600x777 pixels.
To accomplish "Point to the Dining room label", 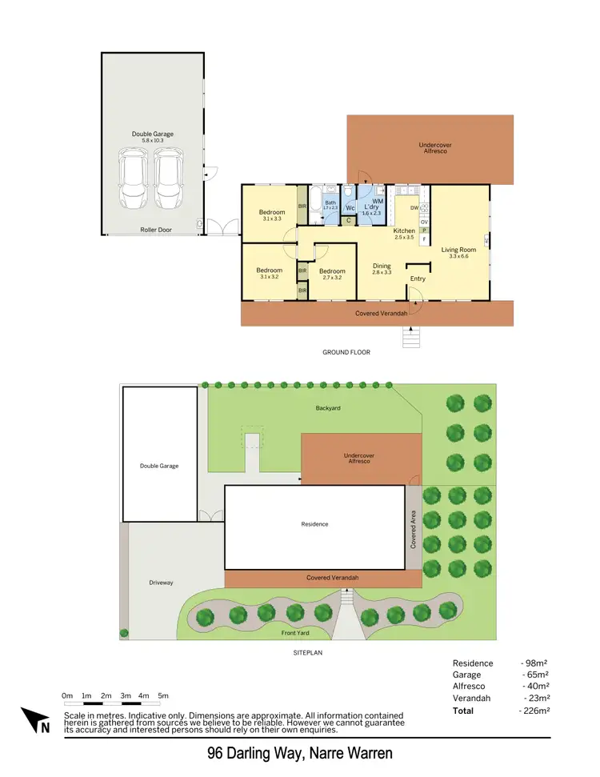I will pos(382,267).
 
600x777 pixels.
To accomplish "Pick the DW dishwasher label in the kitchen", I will pos(414,208).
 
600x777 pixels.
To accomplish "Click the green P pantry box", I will pos(425,230).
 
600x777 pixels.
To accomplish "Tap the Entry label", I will pos(418,278).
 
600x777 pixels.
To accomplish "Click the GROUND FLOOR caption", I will pos(346,352).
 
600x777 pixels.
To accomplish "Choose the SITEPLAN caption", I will pos(308,653).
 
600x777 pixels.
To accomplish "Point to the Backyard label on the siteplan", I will pos(327,408).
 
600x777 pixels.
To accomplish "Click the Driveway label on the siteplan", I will pos(161,583).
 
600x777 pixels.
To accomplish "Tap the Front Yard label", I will pos(295,633).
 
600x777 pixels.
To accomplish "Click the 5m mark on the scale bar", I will pos(163,696).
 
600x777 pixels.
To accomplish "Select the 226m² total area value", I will pos(534,711).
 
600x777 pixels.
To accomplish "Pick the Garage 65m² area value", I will pos(534,675).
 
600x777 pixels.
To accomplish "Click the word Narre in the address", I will pos(310,754).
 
